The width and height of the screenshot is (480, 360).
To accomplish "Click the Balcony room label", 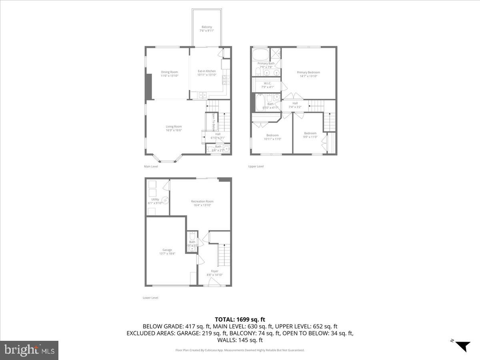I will [206, 29].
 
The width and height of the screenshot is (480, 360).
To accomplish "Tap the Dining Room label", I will [169, 74].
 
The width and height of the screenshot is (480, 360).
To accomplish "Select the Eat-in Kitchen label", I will [207, 73].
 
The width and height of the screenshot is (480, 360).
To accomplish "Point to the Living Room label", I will [174, 128].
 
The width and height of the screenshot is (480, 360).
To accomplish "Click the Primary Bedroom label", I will [308, 74].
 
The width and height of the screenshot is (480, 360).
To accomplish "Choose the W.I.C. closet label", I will [268, 85].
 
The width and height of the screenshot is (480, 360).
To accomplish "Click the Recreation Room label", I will [202, 203].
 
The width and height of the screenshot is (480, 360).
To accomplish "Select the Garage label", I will [167, 252].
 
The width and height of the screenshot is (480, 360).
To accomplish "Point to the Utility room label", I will [155, 201].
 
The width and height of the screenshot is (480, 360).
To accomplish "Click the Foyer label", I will [214, 272].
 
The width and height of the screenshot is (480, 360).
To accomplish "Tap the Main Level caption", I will [151, 166].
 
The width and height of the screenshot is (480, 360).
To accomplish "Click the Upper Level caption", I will [256, 166].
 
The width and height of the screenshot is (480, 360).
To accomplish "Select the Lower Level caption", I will [150, 298].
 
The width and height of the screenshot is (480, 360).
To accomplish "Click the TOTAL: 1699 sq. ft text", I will [240, 319].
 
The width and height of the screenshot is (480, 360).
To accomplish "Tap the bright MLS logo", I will [29, 350].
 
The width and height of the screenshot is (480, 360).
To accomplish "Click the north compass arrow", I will [463, 346].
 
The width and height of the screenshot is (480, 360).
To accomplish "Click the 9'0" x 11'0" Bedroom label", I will [310, 135].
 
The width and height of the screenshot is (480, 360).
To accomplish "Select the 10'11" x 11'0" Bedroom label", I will [272, 137].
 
